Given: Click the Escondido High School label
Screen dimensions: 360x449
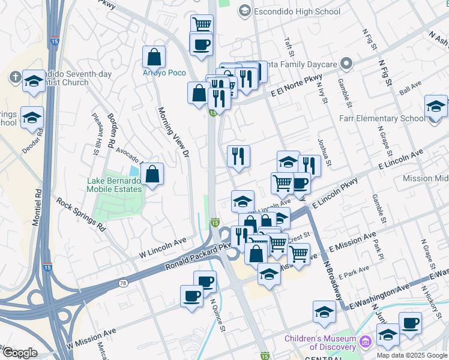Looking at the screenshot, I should tap(298, 11).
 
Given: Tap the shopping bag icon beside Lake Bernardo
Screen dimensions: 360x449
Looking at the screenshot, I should tap(153, 174).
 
